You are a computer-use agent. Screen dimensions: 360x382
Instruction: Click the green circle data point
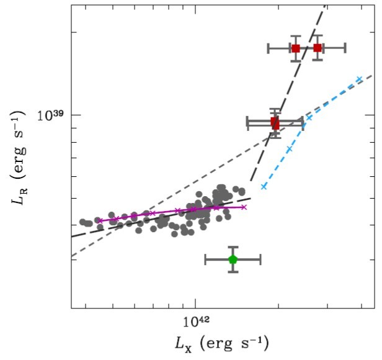click(x=233, y=259)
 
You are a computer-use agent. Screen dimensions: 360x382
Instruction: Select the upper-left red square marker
click(x=296, y=48)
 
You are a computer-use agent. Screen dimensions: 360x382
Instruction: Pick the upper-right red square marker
click(x=318, y=48)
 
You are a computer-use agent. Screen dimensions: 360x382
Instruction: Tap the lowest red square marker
click(x=275, y=122)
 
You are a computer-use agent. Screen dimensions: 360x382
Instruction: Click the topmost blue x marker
click(x=359, y=79)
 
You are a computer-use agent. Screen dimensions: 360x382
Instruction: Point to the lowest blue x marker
click(x=264, y=186)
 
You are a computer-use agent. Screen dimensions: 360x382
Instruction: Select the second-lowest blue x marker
click(x=289, y=149)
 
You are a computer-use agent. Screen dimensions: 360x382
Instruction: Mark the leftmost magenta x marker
click(x=99, y=221)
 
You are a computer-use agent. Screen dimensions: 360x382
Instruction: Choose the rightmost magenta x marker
click(x=244, y=207)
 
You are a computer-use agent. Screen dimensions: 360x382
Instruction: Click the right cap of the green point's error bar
click(x=260, y=259)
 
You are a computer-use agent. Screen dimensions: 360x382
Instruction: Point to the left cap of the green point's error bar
click(x=205, y=259)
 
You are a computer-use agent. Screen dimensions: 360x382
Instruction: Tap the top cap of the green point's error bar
click(x=233, y=247)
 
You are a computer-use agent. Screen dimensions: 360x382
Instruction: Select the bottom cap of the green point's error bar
click(x=233, y=272)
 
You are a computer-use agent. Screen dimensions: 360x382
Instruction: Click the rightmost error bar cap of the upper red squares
click(x=345, y=48)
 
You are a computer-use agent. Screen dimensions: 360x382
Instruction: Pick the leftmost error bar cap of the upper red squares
click(x=268, y=48)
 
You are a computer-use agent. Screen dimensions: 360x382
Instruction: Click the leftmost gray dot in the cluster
click(x=82, y=222)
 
